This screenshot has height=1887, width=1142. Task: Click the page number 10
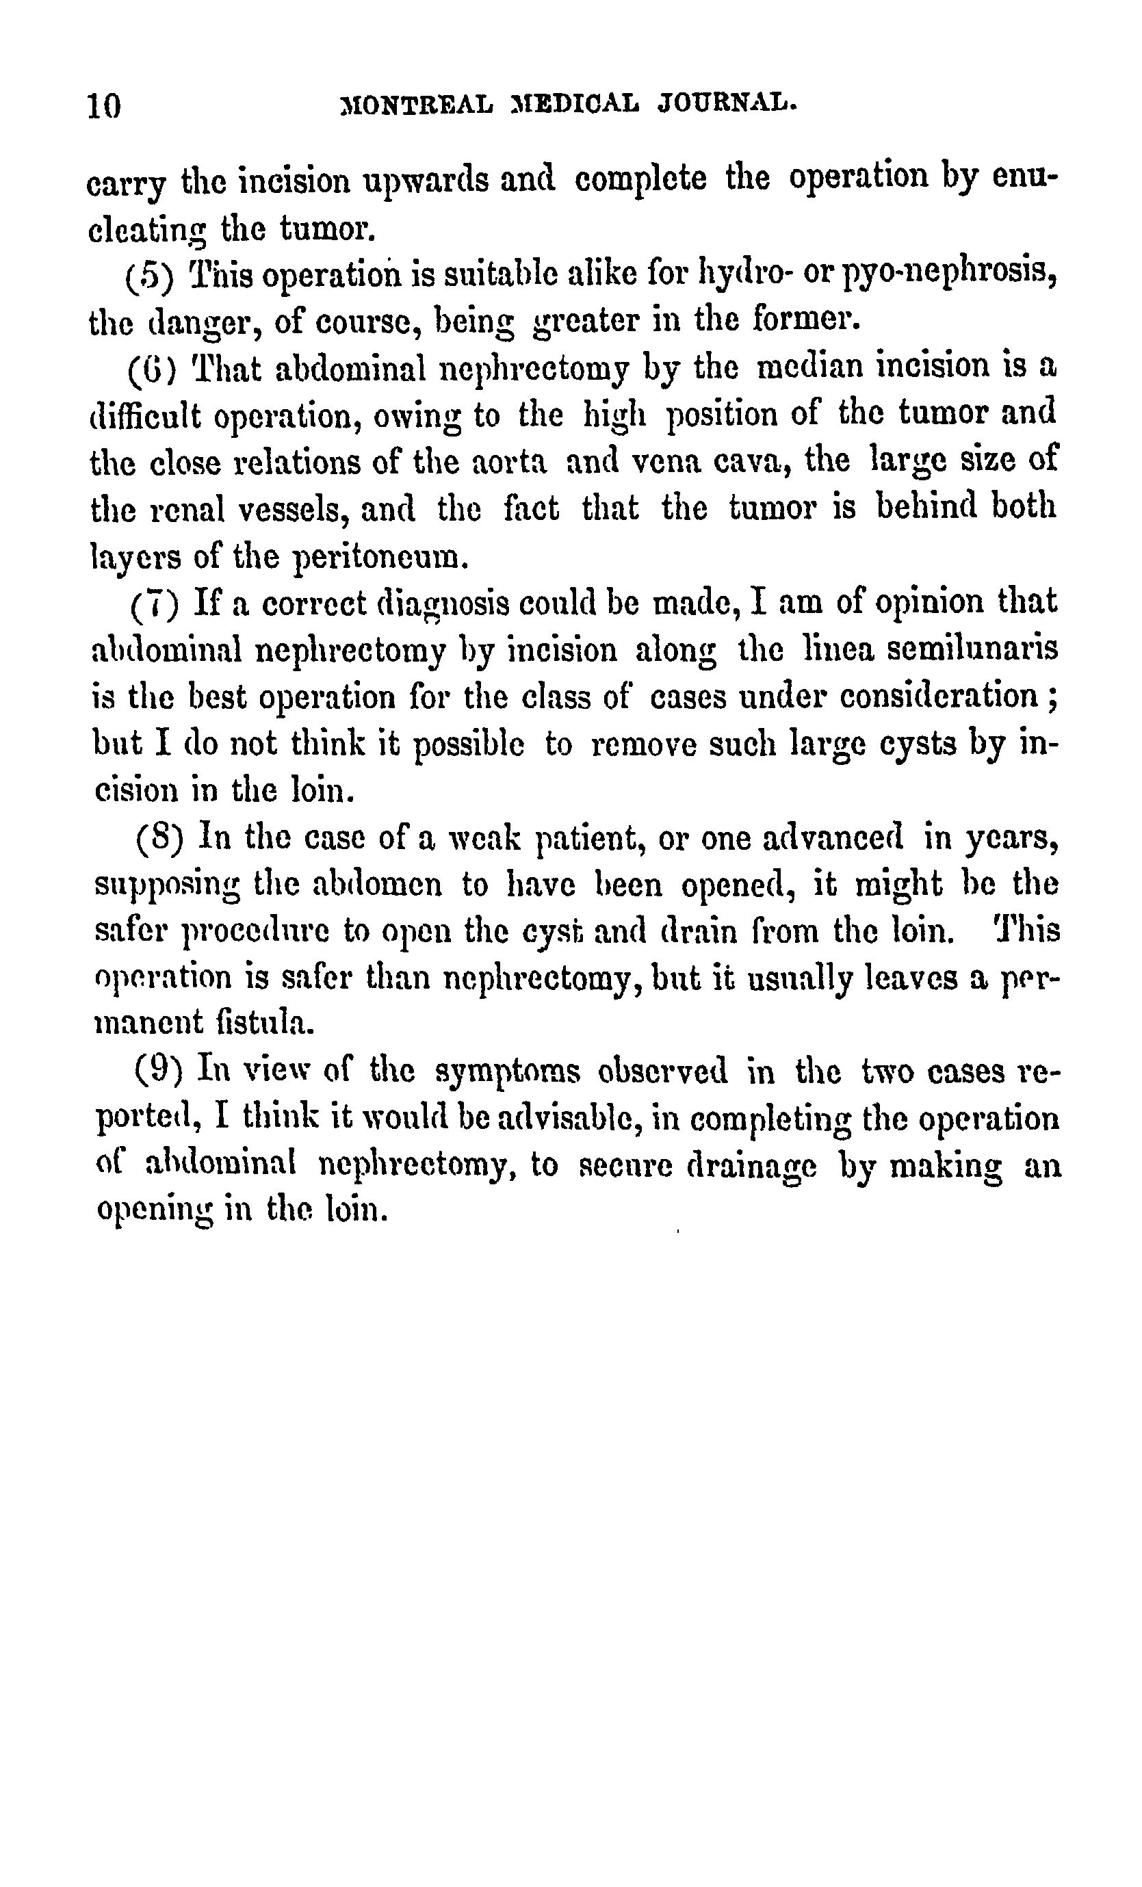pos(104,105)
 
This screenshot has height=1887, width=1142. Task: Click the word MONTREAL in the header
pos(418,103)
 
